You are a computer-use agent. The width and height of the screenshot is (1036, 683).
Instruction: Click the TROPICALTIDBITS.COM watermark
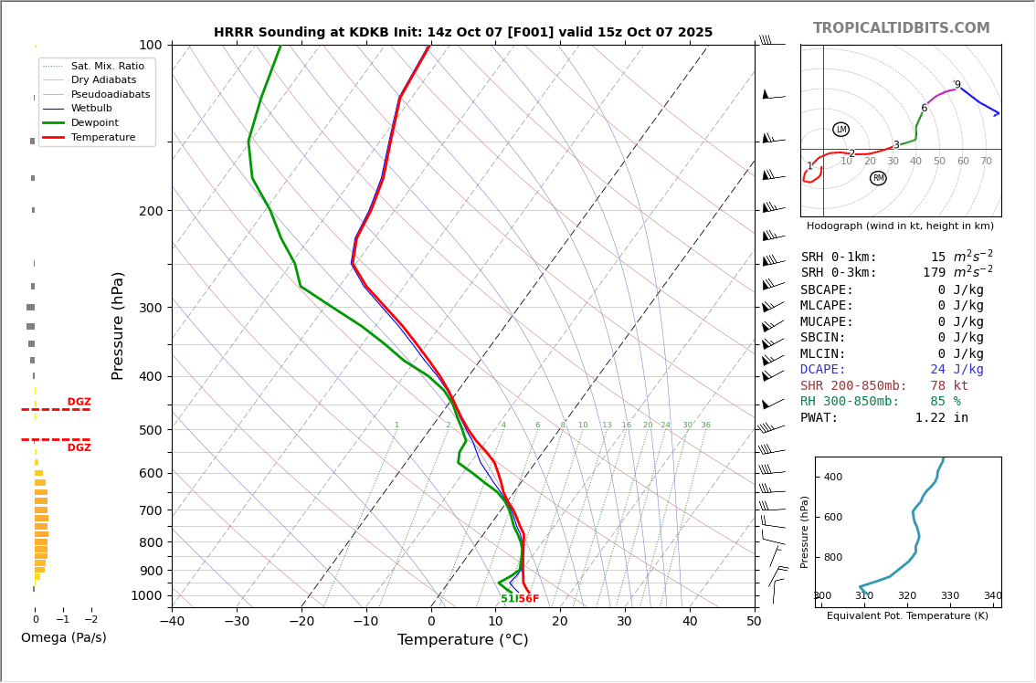point(901,28)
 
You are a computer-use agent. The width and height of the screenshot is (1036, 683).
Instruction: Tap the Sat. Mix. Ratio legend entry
point(107,66)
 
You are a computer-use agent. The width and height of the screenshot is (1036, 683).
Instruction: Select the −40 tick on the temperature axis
point(172,622)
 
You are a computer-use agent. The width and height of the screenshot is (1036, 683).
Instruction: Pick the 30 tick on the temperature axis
point(625,622)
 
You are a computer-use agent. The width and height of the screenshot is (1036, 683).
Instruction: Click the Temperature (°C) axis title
point(462,640)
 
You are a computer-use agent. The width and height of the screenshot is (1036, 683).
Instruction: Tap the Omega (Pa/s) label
point(63,637)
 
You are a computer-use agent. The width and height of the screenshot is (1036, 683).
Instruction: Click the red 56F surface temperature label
point(529,599)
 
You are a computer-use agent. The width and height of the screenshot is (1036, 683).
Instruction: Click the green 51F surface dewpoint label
point(508,599)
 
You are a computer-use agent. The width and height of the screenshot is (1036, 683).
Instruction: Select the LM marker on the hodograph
point(840,130)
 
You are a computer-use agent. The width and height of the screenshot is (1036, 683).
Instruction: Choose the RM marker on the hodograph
point(878,178)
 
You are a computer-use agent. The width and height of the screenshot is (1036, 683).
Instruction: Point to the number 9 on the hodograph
point(957,85)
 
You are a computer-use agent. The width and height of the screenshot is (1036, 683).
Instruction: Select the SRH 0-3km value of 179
point(934,273)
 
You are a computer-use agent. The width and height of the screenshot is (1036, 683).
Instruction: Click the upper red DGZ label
point(79,402)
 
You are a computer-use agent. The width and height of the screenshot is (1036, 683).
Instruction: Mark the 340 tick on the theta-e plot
point(992,595)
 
